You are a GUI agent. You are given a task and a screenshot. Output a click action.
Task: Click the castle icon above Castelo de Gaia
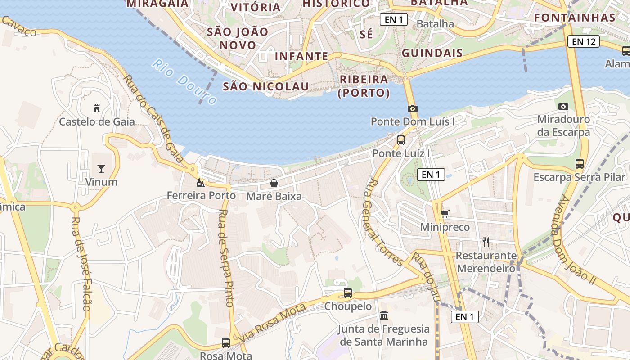click(97, 108)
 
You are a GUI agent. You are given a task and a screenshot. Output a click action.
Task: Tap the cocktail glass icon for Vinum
click(101, 169)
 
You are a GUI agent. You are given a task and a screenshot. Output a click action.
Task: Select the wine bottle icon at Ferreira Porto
click(201, 183)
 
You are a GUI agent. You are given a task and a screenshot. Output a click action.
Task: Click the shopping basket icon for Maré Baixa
click(274, 183)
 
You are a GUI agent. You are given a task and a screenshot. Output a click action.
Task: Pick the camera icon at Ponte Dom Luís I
click(412, 108)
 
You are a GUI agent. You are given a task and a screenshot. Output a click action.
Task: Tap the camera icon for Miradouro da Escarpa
click(563, 107)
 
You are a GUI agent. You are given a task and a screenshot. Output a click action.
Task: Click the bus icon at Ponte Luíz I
click(401, 140)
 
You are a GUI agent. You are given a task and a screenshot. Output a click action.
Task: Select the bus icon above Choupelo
click(348, 293)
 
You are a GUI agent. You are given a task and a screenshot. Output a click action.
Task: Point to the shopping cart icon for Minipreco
click(445, 214)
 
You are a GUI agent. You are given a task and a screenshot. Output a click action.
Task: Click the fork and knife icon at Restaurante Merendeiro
click(486, 242)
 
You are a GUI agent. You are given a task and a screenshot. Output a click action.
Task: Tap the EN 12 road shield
click(584, 42)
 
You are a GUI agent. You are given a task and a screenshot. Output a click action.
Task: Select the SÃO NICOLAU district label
click(266, 86)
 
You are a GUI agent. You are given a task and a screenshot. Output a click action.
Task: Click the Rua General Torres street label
click(384, 221)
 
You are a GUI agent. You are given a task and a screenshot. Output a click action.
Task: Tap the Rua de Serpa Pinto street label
click(226, 258)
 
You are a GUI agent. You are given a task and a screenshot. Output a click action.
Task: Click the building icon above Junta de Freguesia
click(384, 315)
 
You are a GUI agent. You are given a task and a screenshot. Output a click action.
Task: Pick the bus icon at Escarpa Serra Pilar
click(580, 164)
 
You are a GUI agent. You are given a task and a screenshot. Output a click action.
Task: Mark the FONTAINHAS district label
click(575, 18)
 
